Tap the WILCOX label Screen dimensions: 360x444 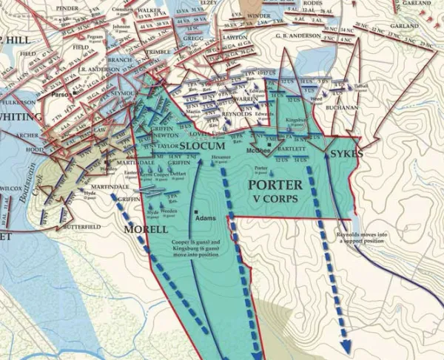pos(10,188)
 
